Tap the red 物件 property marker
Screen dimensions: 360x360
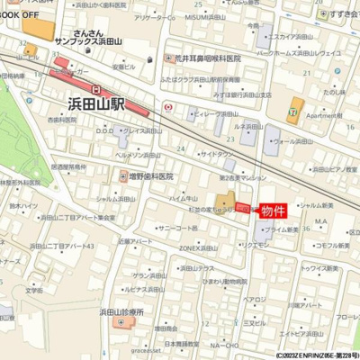274,211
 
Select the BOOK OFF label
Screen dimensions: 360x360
19,15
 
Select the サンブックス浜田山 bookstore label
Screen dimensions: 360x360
94,41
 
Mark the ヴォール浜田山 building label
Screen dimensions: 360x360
296,141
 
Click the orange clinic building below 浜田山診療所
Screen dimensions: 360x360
121,322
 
